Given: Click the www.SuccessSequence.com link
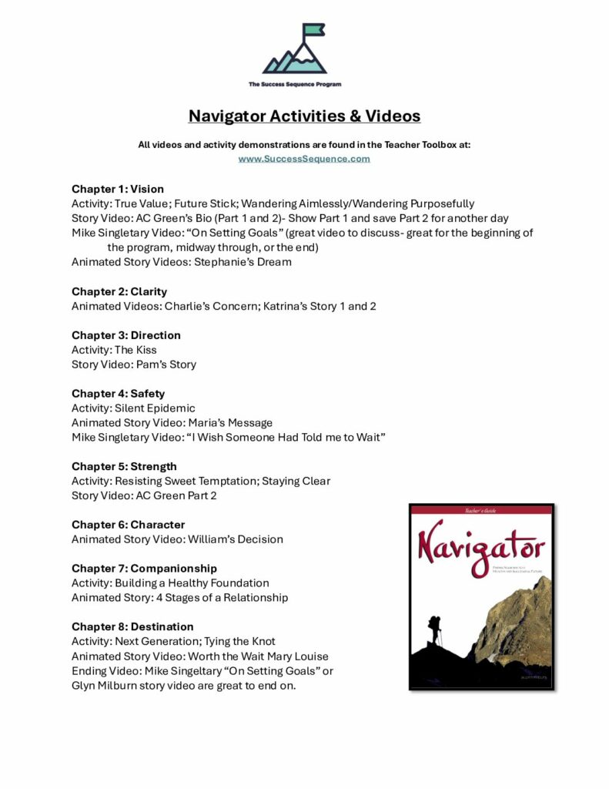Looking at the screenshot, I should [304, 159].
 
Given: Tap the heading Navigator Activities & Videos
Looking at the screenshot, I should [304, 116].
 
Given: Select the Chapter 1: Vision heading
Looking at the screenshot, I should [118, 189].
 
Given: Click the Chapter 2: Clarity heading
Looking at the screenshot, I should [119, 291].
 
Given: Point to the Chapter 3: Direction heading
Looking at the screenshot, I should [126, 335].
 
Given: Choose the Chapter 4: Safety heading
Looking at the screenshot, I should [119, 394].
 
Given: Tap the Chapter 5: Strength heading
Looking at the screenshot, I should [124, 466].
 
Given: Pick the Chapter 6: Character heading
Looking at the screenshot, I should [128, 525].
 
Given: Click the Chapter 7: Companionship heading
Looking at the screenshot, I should [144, 569].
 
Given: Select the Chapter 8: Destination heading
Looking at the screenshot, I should [132, 626].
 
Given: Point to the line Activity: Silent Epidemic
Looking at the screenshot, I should [133, 408].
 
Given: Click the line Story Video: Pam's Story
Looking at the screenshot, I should [134, 364].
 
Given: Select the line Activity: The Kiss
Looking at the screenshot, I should [114, 350].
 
